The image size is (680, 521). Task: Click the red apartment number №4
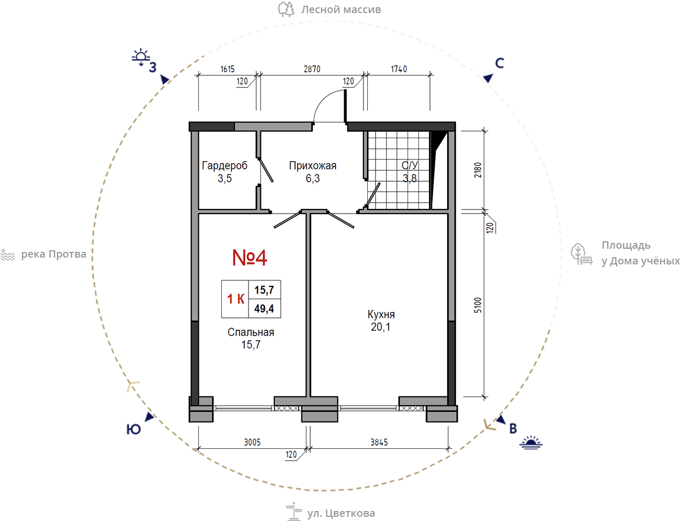(250, 258)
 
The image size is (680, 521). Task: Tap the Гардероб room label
(224, 165)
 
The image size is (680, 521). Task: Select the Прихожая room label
(313, 165)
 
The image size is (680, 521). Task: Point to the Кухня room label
(381, 315)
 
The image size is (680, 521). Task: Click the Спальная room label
(251, 332)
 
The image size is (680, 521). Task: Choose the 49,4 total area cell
(264, 308)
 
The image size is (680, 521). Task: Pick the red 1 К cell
(236, 299)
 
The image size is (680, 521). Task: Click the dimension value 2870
(312, 69)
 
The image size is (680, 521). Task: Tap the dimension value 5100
(478, 305)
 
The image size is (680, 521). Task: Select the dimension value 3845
(379, 442)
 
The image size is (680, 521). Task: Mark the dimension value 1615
(228, 69)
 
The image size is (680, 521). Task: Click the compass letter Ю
(133, 429)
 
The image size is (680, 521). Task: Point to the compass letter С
(500, 63)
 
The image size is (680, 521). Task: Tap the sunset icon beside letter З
(141, 57)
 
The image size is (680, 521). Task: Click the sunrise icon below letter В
(531, 442)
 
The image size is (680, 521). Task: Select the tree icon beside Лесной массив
(286, 9)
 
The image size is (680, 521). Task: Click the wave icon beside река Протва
(8, 255)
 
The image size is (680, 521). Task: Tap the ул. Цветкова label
(341, 513)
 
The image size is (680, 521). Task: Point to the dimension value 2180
(478, 170)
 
